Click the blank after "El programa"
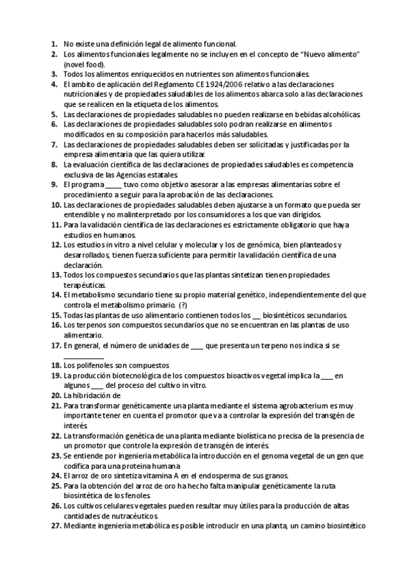pos(114,184)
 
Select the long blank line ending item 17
pos(84,356)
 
